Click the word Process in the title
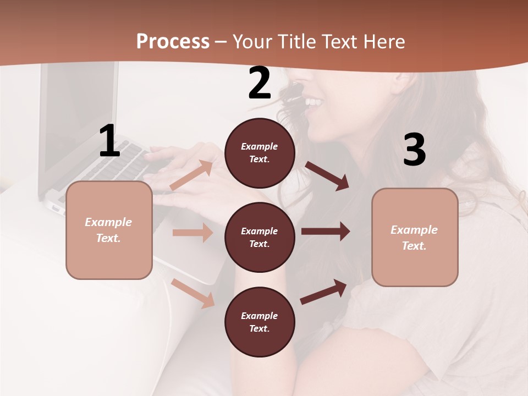point(173,42)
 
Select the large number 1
point(109,141)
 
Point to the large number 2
point(260,84)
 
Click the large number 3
point(414,150)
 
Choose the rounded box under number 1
point(109,230)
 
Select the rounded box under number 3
point(415,237)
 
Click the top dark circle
point(260,153)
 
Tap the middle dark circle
point(260,237)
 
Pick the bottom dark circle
point(260,322)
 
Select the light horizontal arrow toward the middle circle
point(193,233)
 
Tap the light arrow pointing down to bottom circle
point(193,293)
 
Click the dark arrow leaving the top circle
point(327,175)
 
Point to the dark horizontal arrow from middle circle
point(326,232)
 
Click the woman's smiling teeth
point(313,102)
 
